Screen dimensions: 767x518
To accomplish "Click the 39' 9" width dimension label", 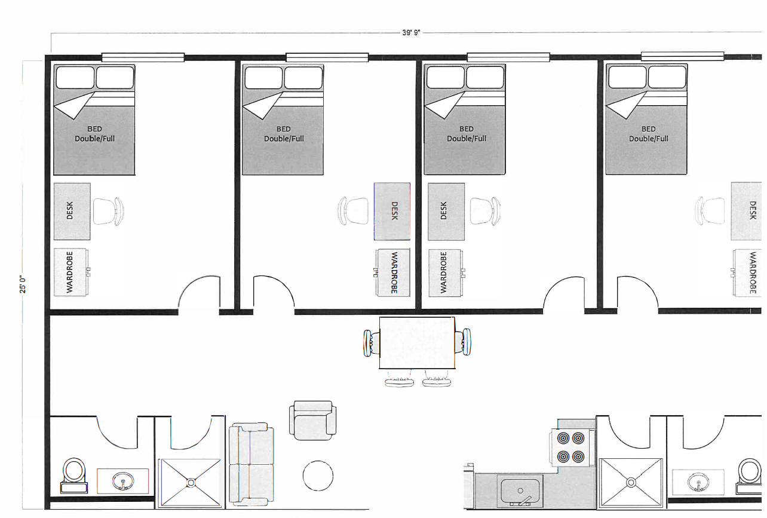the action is tap(411, 32).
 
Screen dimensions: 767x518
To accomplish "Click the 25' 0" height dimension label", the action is tap(23, 284).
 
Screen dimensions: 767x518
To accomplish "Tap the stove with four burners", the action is tap(570, 447).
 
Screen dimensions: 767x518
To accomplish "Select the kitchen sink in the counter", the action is tap(520, 492).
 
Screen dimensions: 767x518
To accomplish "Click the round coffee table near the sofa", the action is tap(318, 476).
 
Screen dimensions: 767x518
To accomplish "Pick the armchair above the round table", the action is tap(312, 421).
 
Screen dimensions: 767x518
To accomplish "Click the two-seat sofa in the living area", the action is tap(251, 464).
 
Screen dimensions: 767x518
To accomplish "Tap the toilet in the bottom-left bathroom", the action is tap(74, 476).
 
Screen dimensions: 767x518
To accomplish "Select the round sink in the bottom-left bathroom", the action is tap(123, 481).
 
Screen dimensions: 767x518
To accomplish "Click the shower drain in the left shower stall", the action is tap(191, 483).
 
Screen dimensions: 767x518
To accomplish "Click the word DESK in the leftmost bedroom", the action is tap(70, 210).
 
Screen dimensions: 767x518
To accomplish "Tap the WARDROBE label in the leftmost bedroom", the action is tap(69, 272).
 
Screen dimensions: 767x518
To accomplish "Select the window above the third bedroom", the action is tap(508, 57).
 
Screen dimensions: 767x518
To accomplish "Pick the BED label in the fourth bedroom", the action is tap(649, 129).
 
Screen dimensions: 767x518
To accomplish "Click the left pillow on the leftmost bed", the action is tap(75, 78).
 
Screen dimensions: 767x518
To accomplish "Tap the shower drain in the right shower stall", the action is tap(631, 483).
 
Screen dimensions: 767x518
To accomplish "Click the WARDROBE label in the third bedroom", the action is tap(443, 272).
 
